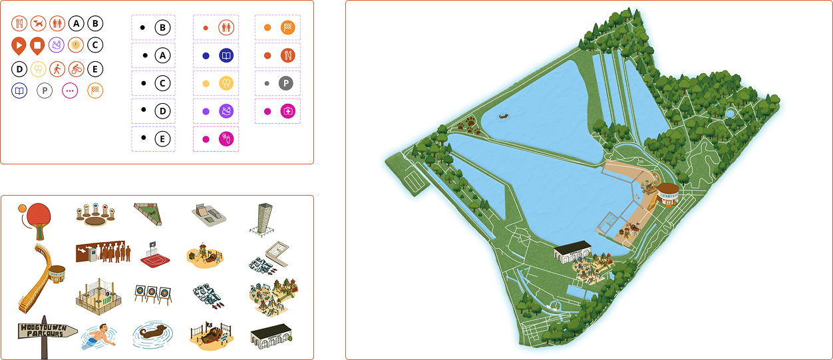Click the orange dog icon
pos(39,23)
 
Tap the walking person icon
pos(57,69)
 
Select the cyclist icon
pos(77,69)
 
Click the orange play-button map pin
pos(19,46)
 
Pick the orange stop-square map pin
pos(37,46)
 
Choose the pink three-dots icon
pos(70,90)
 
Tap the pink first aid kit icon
pos(288,111)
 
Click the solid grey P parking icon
pos(286,83)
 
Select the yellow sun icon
pos(76,45)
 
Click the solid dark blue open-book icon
pos(226,56)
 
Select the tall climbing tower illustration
pos(262,220)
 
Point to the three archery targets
pos(153,294)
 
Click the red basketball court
pos(155,256)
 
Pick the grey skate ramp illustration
pos(209,215)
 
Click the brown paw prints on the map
pos(469,125)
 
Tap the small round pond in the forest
pos(730,113)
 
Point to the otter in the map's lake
pos(504,117)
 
